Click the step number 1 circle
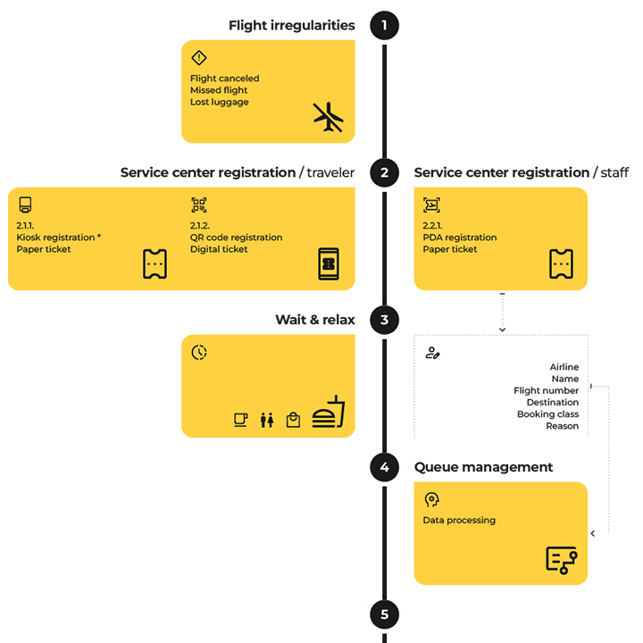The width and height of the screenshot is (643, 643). click(384, 25)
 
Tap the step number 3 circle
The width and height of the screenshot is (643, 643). click(384, 320)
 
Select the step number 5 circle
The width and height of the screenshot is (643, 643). click(384, 614)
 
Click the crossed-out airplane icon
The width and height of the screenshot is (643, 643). click(328, 117)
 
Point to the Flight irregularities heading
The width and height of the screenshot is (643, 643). click(291, 25)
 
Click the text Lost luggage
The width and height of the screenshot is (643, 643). click(219, 102)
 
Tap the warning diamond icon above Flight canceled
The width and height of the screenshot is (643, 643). click(198, 58)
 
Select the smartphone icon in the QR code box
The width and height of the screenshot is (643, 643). click(329, 263)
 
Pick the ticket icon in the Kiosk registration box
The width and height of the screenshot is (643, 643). click(154, 263)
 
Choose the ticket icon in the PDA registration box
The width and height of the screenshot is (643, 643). click(561, 263)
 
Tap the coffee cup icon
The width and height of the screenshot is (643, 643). click(240, 419)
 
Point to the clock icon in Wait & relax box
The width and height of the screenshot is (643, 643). click(198, 352)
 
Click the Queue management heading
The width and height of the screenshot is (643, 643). click(483, 467)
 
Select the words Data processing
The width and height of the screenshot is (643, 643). click(459, 520)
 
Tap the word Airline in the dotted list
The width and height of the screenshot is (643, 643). click(564, 367)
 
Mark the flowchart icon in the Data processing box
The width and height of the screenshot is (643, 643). click(561, 559)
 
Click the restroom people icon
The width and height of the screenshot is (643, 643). click(266, 420)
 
